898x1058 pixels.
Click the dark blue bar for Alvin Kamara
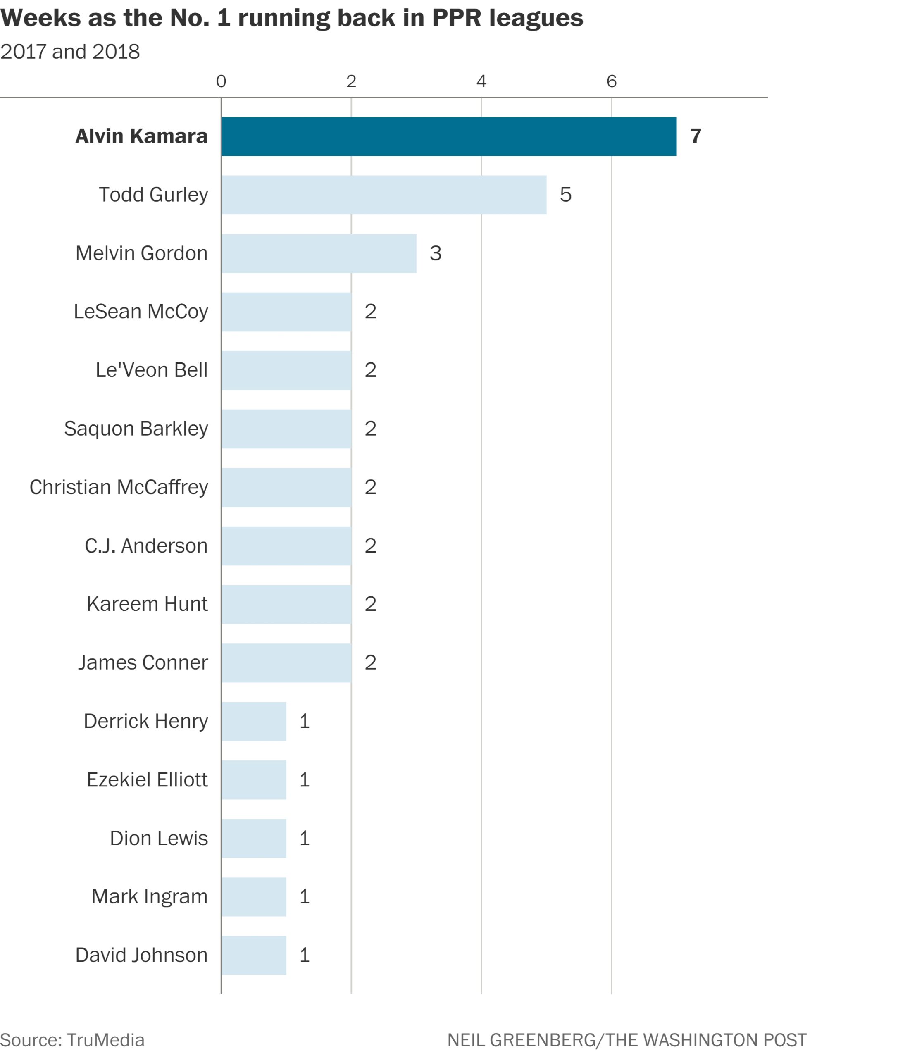(448, 136)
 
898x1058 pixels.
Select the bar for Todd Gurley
(384, 195)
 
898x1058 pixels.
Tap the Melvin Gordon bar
(319, 254)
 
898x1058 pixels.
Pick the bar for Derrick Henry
(253, 722)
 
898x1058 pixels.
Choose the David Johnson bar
(253, 956)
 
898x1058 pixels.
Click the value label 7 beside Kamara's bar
(696, 136)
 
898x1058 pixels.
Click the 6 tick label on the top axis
(611, 81)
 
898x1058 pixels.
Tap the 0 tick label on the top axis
(221, 81)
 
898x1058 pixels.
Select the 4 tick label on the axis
(481, 81)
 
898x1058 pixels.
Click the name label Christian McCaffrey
(119, 487)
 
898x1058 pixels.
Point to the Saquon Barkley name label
(136, 429)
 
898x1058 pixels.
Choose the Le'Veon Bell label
(152, 370)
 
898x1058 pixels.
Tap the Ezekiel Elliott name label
(147, 779)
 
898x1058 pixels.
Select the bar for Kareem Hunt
(286, 604)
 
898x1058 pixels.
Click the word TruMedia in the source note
(105, 1040)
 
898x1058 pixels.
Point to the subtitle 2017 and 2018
(70, 52)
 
